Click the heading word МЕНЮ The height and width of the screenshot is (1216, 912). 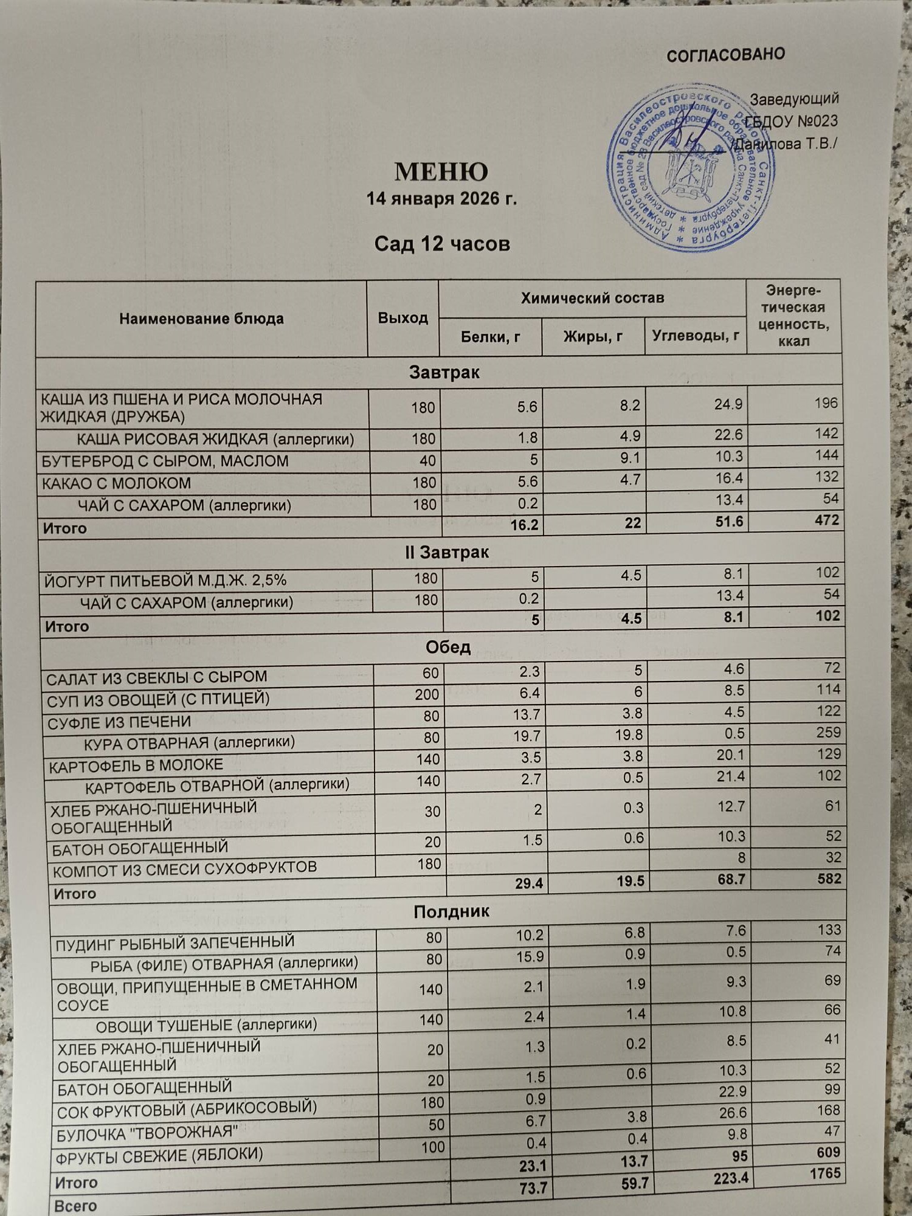coord(441,171)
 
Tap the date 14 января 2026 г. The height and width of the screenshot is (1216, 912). coord(441,199)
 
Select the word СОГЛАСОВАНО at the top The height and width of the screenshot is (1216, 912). coord(725,55)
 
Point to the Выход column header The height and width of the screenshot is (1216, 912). coord(402,318)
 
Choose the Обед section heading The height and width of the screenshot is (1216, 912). coord(447,647)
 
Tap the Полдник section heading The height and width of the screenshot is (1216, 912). coord(451,911)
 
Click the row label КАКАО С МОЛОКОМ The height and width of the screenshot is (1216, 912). coord(116,483)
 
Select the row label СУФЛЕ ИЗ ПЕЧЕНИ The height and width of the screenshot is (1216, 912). coord(119,722)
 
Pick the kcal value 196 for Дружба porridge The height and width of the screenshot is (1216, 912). coord(826,403)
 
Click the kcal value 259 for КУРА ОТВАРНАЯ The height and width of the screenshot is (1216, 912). coord(828,732)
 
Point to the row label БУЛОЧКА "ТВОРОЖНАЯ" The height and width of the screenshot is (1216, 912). coord(146,1133)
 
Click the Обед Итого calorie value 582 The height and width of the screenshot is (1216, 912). coord(829,878)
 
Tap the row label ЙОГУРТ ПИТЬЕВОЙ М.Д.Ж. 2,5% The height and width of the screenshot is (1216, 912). coord(165,580)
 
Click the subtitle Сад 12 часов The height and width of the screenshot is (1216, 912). coord(441,244)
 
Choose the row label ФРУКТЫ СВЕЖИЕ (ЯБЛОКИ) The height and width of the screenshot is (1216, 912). coord(159,1156)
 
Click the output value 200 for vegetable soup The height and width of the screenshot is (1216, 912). coord(427,694)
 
